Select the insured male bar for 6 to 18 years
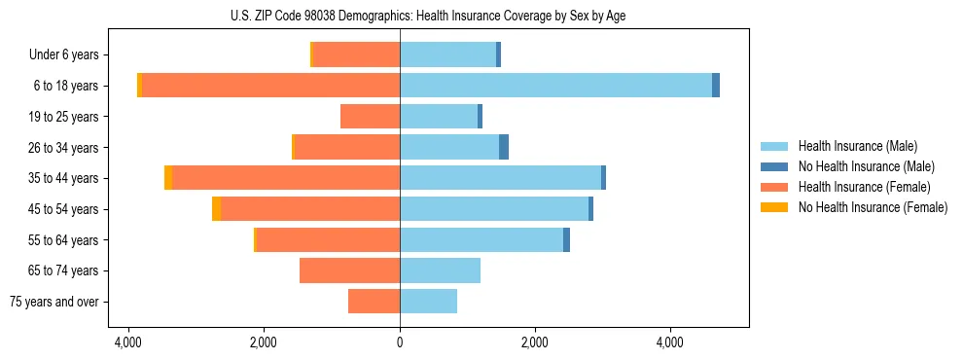point(555,86)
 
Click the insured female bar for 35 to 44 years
point(286,178)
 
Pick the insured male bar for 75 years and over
point(428,302)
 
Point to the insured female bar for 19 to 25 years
point(370,117)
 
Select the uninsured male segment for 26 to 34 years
point(504,147)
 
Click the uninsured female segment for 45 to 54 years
point(216,209)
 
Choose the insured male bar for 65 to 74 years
point(440,270)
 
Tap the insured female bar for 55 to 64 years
point(328,240)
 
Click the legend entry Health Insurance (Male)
point(857,146)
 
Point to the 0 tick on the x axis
point(400,343)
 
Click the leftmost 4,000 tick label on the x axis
point(128,343)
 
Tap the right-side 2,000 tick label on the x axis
point(535,343)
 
